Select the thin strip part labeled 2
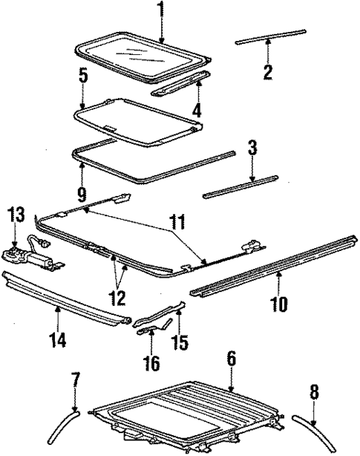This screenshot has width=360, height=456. click(270, 37)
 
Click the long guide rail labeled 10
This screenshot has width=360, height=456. click(275, 265)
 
